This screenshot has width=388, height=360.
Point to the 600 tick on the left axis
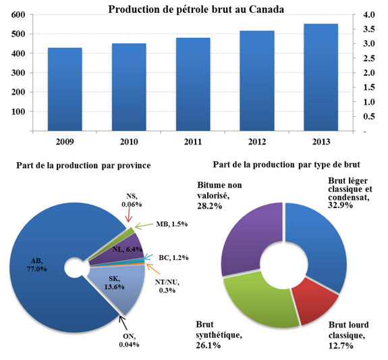[18, 15]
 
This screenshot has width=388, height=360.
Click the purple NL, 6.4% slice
[125, 249]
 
